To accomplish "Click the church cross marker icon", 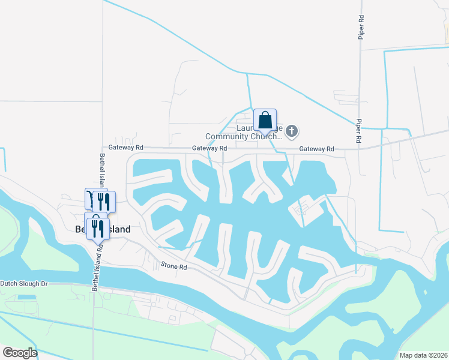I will [x=292, y=131].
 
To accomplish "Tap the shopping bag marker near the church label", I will [x=265, y=121].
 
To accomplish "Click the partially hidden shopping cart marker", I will [x=89, y=199].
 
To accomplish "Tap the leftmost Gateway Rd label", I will [x=126, y=148].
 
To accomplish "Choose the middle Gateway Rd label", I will [x=209, y=148].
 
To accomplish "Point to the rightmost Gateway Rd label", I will [x=316, y=149].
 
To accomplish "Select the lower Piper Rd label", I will [x=358, y=130].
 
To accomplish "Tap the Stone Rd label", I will [x=174, y=265].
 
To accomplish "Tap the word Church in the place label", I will [x=271, y=137].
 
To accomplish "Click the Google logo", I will [x=20, y=353].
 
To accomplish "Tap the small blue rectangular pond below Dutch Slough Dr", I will [x=26, y=298].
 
